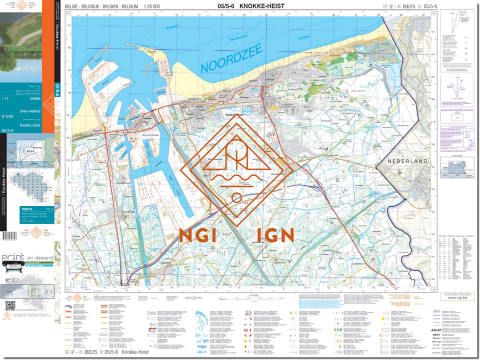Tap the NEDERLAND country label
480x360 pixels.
coord(408,161)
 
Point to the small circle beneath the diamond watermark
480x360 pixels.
coord(236,198)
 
